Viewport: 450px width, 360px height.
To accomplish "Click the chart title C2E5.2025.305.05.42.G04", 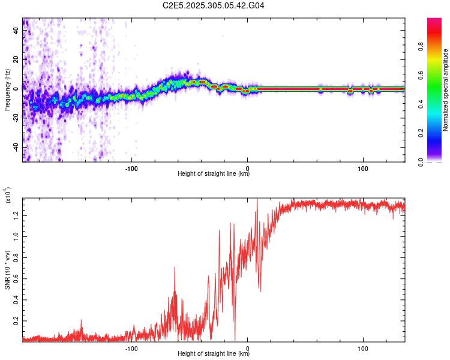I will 214,6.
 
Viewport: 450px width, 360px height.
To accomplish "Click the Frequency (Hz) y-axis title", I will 7,90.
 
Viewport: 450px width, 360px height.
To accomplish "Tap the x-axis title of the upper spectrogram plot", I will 214,174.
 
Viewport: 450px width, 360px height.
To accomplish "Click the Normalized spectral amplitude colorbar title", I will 446,90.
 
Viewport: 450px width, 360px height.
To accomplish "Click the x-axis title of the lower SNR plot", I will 214,354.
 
